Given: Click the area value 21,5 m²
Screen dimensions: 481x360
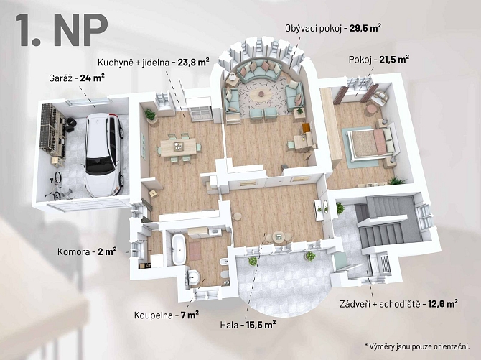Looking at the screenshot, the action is (394, 60).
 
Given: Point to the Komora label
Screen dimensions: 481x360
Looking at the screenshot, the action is (73, 252).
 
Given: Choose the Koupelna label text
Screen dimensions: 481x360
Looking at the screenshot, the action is (154, 315).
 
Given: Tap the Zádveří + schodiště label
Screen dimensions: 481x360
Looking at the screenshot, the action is (380, 304).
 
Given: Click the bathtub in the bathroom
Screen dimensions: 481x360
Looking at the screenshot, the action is (179, 249).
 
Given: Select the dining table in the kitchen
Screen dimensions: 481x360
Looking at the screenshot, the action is (178, 147).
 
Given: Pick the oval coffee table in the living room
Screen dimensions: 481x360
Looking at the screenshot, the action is (261, 94).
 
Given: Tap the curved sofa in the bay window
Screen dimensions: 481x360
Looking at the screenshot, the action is (260, 70).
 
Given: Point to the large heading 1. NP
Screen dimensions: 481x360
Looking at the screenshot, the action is (61, 29).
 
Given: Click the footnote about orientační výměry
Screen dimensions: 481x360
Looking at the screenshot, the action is (417, 346).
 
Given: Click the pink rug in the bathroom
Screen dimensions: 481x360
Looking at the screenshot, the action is (195, 251).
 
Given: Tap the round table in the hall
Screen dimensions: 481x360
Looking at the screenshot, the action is (279, 236).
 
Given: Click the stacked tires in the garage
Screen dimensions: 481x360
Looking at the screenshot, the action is (70, 124).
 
